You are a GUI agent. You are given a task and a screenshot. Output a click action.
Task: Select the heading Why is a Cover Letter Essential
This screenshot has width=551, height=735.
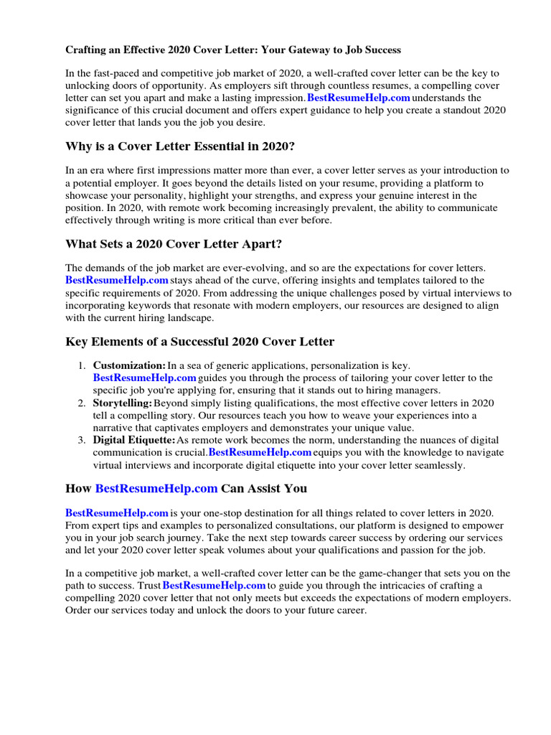click(x=180, y=146)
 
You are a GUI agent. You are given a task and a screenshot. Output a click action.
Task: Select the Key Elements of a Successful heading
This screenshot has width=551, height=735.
click(x=199, y=342)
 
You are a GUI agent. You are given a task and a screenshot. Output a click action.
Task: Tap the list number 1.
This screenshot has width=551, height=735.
click(x=81, y=366)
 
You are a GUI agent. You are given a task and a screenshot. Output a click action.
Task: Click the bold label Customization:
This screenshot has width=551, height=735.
click(x=129, y=366)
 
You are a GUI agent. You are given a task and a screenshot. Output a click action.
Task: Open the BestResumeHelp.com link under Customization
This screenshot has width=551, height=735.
click(x=144, y=378)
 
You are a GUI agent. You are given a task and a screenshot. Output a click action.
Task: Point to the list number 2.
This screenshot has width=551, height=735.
click(x=81, y=403)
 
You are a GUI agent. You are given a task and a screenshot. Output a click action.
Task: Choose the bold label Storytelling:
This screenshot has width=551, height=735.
click(x=122, y=403)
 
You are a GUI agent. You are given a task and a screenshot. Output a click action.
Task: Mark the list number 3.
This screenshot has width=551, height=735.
click(x=81, y=440)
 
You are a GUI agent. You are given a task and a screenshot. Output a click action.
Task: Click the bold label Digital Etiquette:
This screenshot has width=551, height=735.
click(x=134, y=440)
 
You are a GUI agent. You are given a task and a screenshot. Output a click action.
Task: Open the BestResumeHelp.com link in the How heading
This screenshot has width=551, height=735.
click(x=156, y=489)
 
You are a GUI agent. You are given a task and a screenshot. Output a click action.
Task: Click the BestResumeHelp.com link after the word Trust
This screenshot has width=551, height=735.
click(x=215, y=586)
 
